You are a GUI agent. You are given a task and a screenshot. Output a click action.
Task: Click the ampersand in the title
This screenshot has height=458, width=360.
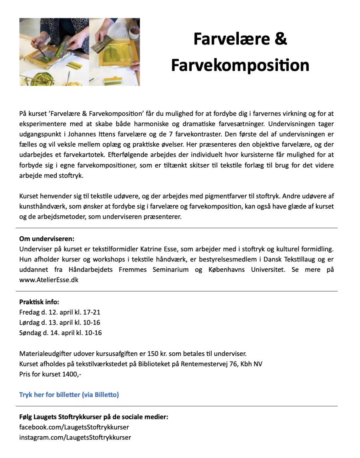(282, 40)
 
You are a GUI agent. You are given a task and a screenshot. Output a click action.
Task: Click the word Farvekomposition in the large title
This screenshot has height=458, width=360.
(240, 65)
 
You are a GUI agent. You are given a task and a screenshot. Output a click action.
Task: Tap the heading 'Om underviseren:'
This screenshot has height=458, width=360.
(47, 239)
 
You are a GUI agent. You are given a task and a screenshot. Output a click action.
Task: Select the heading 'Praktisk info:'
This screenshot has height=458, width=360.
(39, 302)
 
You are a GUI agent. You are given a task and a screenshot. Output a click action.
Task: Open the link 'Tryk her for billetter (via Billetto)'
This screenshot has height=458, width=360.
(69, 394)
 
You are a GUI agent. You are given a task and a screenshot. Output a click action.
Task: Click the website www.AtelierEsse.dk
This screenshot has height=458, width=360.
(49, 280)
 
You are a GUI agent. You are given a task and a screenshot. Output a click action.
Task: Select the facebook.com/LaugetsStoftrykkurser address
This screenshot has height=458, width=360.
(74, 427)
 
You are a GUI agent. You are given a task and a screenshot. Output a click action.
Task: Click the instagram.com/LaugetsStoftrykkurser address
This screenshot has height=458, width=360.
(75, 437)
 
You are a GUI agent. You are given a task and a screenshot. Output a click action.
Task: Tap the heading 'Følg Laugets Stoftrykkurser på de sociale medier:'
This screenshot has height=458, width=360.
(94, 417)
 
